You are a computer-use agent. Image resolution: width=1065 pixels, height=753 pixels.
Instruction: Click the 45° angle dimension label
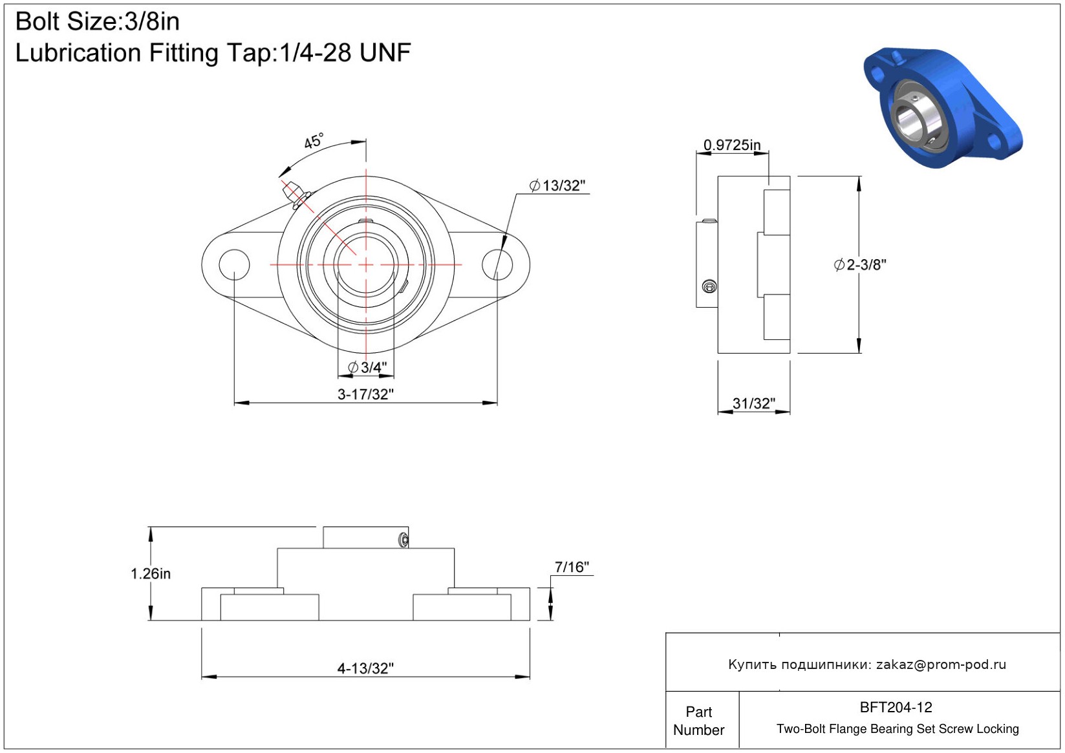tap(314, 141)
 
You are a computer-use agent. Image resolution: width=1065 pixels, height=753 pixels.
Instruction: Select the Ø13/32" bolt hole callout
tap(557, 186)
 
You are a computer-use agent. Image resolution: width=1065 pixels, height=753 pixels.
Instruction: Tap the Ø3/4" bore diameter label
tap(367, 367)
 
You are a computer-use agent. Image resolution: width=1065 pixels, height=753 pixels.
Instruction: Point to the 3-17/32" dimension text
tap(365, 394)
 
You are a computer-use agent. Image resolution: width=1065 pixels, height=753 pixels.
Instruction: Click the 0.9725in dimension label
tap(732, 145)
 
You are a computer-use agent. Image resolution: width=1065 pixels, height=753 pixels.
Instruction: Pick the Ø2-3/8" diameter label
tap(860, 265)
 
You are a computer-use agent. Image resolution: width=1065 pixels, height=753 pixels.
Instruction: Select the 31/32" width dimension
tap(753, 403)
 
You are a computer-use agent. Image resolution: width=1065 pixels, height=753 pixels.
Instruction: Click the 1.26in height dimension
tap(151, 574)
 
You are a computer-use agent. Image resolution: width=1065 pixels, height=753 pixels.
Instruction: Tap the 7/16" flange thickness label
tap(572, 567)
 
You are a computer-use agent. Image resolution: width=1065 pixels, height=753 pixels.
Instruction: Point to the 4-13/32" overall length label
tap(365, 668)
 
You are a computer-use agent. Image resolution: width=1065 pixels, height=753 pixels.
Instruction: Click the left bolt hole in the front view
tap(234, 264)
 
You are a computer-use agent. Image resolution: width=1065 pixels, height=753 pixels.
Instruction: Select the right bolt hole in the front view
tap(497, 264)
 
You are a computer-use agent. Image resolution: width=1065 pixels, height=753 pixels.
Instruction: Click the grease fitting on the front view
tap(295, 195)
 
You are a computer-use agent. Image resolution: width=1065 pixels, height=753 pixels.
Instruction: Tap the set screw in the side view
tap(709, 286)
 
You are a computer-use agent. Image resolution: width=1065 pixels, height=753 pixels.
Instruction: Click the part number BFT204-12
tap(896, 707)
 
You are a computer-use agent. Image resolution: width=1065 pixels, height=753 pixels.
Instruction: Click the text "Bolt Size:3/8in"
tap(98, 21)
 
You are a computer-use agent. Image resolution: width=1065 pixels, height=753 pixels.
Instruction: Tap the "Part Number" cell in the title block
tap(698, 721)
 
